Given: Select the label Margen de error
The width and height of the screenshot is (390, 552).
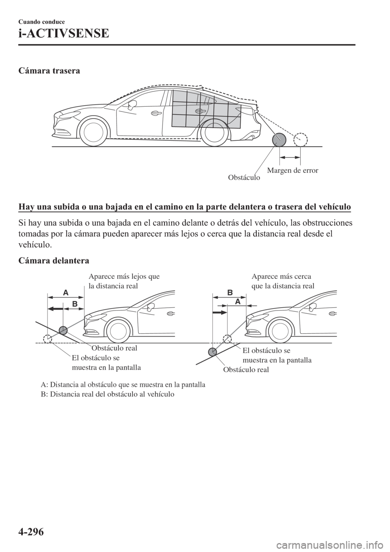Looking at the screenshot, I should click(x=292, y=170).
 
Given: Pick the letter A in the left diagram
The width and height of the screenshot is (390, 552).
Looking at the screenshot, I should click(x=65, y=292).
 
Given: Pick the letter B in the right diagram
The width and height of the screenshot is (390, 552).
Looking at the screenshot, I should click(x=230, y=292).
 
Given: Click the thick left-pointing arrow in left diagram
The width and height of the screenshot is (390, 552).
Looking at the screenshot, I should click(x=56, y=308).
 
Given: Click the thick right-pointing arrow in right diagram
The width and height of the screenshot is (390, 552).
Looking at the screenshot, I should click(x=219, y=313).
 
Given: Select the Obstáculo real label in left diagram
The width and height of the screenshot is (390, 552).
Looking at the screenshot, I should click(x=114, y=348).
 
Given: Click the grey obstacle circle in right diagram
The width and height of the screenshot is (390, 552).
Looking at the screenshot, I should click(x=212, y=351).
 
